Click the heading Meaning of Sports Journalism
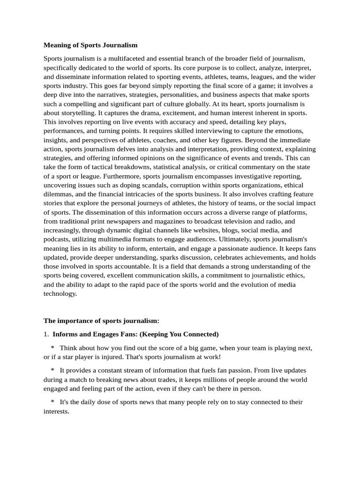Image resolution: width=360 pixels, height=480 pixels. [90, 45]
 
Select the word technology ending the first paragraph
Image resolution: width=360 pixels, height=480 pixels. [60, 293]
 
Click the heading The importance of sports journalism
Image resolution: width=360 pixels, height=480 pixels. [101, 321]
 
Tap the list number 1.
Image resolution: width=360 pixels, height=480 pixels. [46, 334]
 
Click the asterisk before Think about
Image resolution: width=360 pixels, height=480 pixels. [52, 348]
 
